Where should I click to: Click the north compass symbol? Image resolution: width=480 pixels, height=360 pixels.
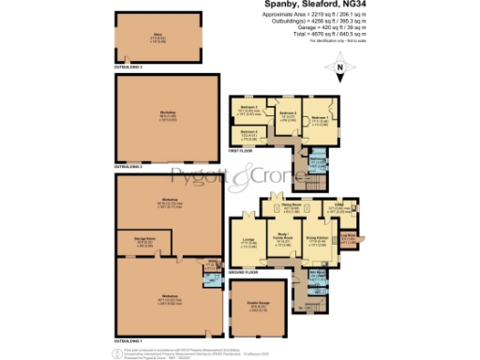[339, 67]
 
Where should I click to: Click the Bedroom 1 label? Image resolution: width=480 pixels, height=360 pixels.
[319, 116]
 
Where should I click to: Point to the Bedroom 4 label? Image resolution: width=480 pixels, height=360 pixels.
[247, 132]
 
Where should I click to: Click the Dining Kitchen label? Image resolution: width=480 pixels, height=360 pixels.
[316, 239]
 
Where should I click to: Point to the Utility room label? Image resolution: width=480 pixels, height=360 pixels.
[339, 206]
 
